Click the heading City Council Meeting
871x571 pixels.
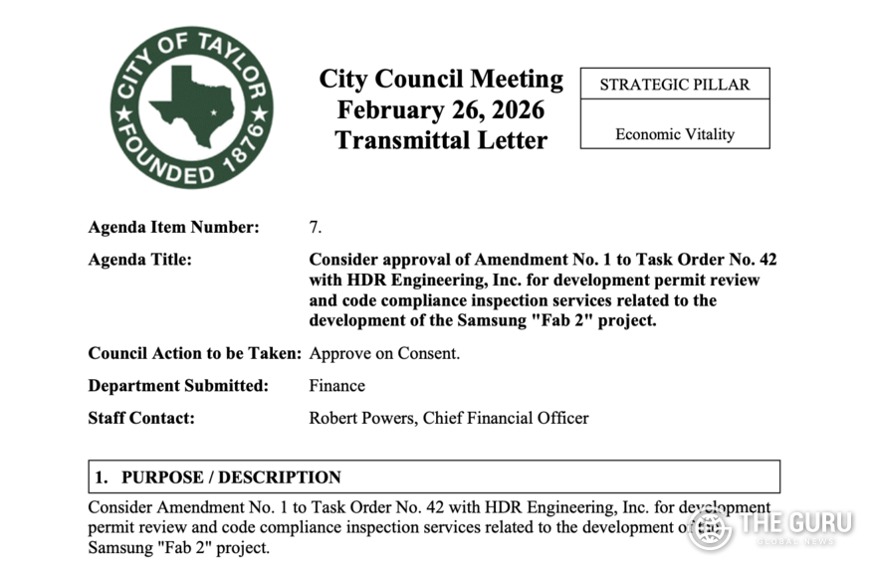pos(441,80)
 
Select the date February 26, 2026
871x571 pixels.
pos(441,109)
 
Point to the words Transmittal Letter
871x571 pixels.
pos(441,140)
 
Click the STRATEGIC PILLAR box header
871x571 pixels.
pos(674,85)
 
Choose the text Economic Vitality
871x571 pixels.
pos(674,134)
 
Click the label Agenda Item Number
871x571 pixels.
pos(173,227)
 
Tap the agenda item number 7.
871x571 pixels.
pos(315,227)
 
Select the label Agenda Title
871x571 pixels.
pos(139,260)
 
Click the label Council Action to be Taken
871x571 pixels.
pos(194,353)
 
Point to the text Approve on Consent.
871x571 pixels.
pos(384,353)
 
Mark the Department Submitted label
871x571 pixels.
pos(178,386)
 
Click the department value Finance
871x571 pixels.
pos(336,386)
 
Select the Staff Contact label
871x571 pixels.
pos(141,418)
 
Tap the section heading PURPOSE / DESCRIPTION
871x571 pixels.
pos(231,477)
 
